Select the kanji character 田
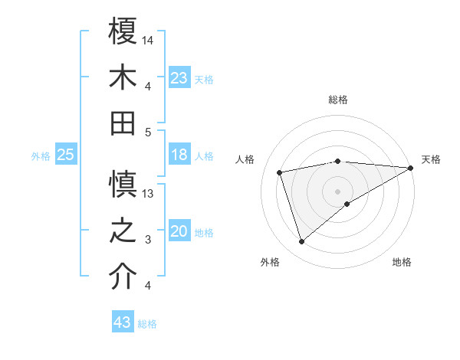pyautogui.click(x=123, y=123)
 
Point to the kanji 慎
pyautogui.click(x=123, y=185)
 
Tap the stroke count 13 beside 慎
pyautogui.click(x=149, y=194)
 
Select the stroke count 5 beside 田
pyautogui.click(x=147, y=132)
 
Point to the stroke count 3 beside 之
pyautogui.click(x=147, y=240)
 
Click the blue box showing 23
pyautogui.click(x=179, y=77)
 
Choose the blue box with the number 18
pyautogui.click(x=179, y=155)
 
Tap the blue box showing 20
pyautogui.click(x=179, y=231)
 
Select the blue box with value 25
pyautogui.click(x=66, y=155)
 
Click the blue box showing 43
pyautogui.click(x=122, y=322)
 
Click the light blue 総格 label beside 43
pyautogui.click(x=147, y=324)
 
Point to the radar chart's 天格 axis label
pyautogui.click(x=431, y=159)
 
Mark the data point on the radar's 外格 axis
pyautogui.click(x=301, y=242)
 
